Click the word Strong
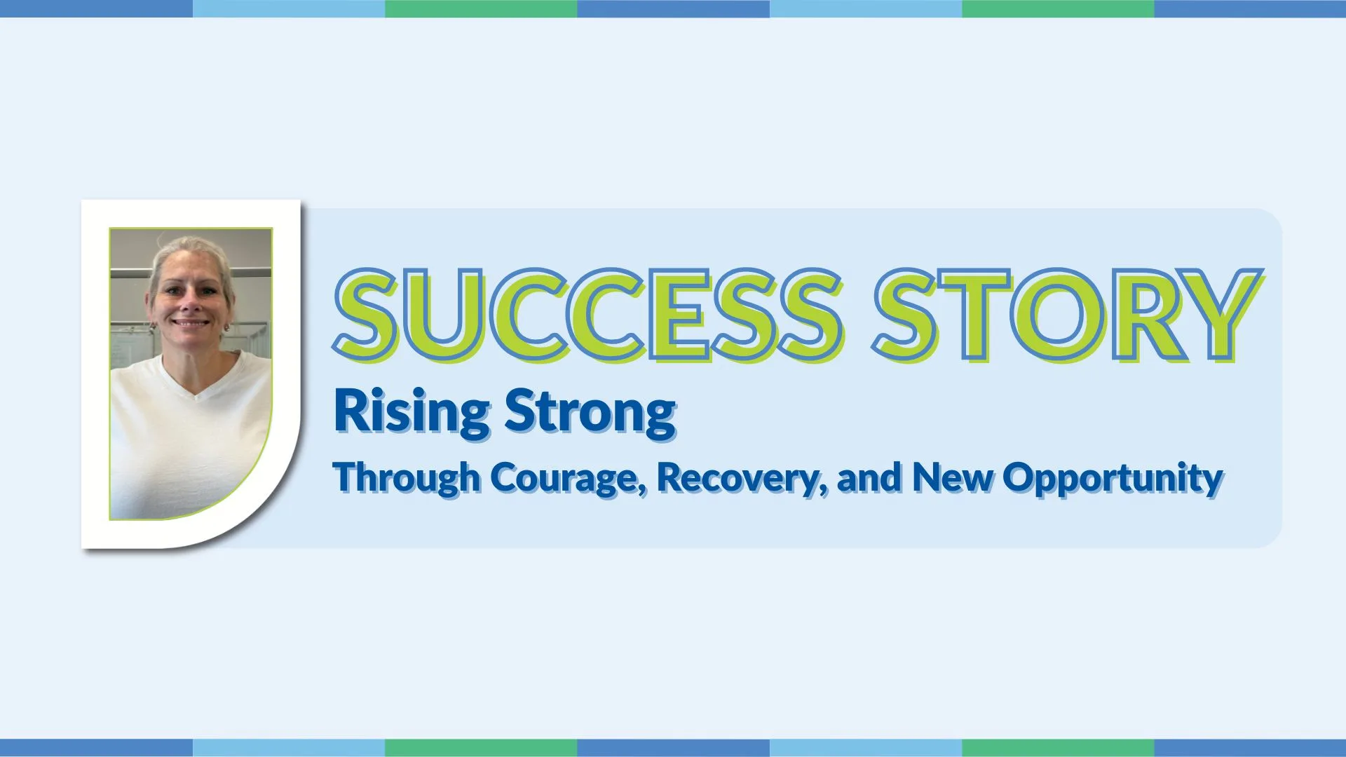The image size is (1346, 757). [x=590, y=413]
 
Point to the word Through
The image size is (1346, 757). [x=407, y=478]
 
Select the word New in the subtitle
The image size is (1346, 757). [x=952, y=477]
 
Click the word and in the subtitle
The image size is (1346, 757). [x=869, y=477]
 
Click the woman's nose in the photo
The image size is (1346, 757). [x=190, y=301]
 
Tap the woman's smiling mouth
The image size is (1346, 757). [x=191, y=324]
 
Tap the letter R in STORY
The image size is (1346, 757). [x=1138, y=315]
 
